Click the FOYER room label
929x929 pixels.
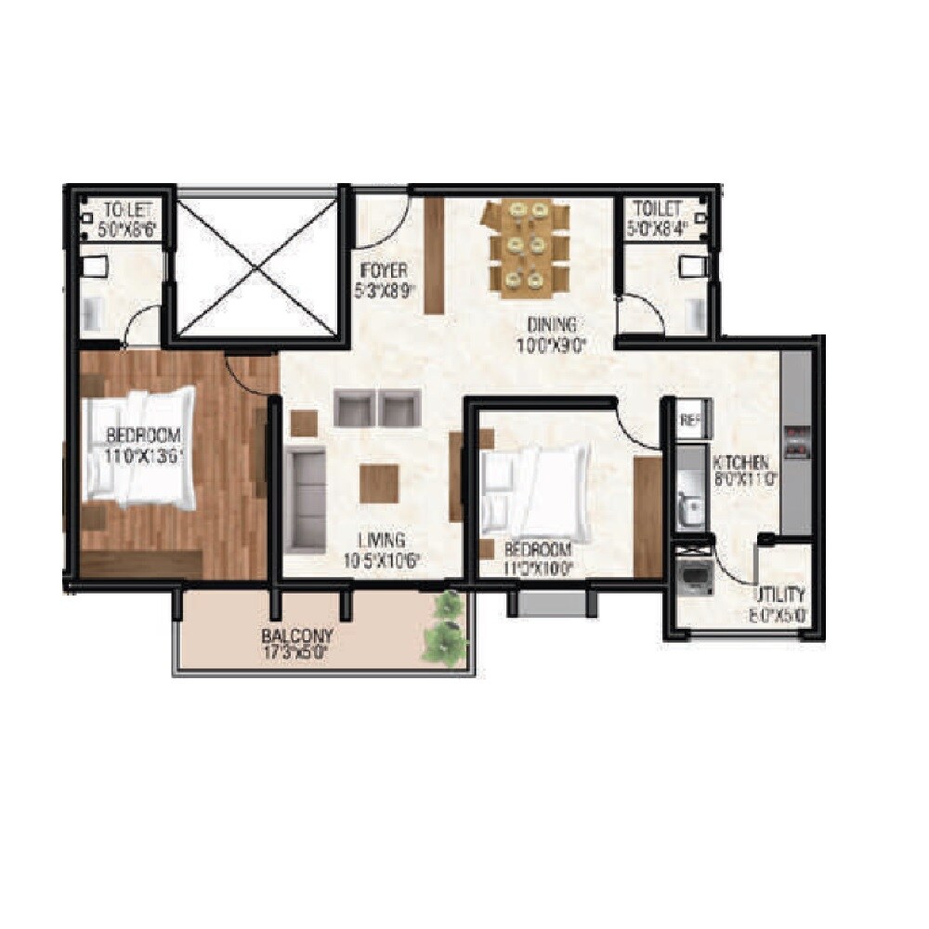[382, 272]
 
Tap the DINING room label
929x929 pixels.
[552, 325]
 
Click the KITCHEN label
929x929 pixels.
[739, 462]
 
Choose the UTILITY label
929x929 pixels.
[779, 595]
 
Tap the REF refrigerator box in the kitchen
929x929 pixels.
[688, 419]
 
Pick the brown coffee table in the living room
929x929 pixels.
[379, 483]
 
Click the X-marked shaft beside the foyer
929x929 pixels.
[255, 264]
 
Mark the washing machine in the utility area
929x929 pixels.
[692, 577]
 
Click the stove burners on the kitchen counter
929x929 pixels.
[797, 441]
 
